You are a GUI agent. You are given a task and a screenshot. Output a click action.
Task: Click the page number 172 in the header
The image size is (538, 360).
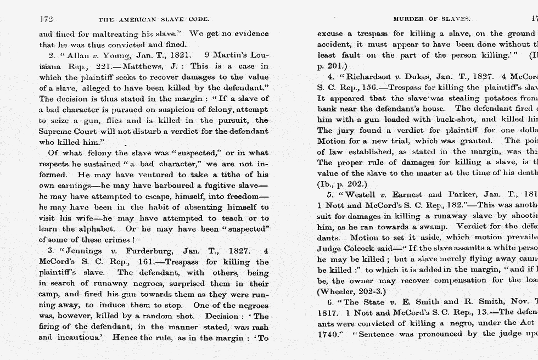pyautogui.click(x=46, y=19)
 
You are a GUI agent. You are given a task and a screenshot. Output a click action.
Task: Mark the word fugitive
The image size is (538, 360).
pyautogui.click(x=220, y=185)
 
